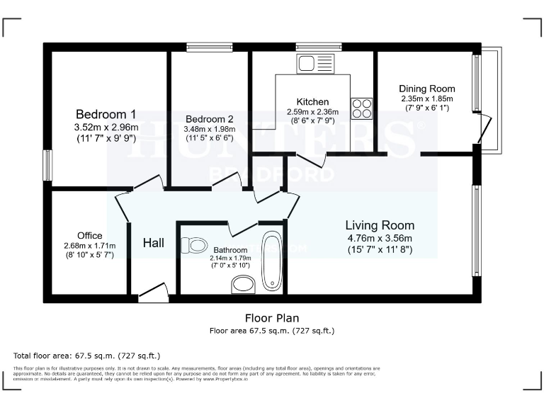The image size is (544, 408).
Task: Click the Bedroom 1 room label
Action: click(x=106, y=114)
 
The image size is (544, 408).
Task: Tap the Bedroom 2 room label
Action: click(x=209, y=119)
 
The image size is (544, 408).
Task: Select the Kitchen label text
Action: click(x=312, y=102)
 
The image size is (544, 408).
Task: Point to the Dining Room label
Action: click(x=426, y=89)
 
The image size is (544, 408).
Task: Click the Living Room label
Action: click(x=380, y=225)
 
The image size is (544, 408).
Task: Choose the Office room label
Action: click(x=90, y=236)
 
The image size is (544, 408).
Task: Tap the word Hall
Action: click(x=154, y=243)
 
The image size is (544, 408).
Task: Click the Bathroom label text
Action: click(x=230, y=250)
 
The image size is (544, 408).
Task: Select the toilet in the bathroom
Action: click(x=193, y=246)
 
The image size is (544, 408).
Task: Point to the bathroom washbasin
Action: click(x=244, y=285)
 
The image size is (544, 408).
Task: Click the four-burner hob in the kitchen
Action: click(x=361, y=108)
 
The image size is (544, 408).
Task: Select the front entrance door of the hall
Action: click(x=154, y=292)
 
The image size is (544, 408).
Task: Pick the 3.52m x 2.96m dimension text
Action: click(x=106, y=127)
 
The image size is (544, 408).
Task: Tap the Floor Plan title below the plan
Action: click(x=272, y=318)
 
